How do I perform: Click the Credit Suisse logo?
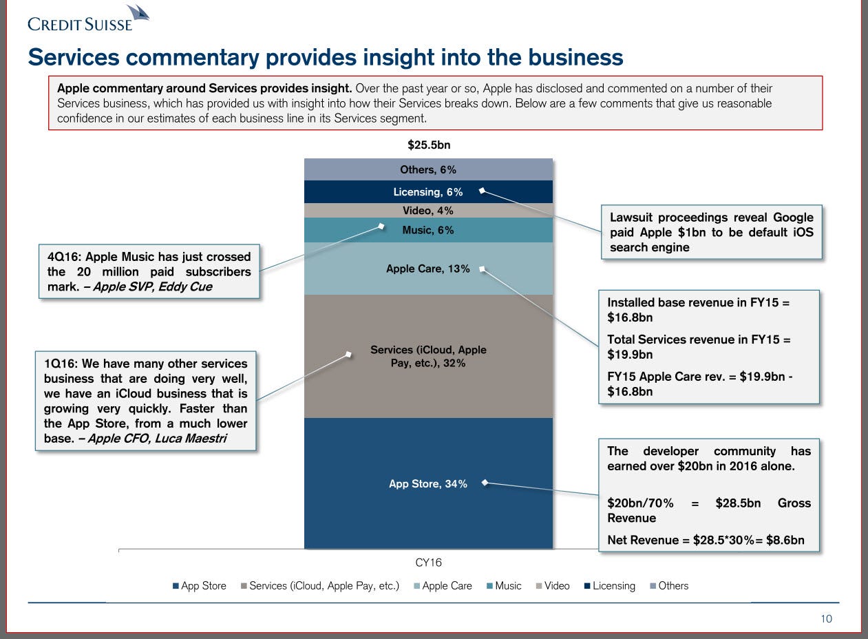88,19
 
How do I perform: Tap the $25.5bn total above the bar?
428,145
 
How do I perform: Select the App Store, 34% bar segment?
428,510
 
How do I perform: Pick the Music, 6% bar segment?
428,230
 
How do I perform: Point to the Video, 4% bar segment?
428,211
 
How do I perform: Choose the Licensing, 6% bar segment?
428,192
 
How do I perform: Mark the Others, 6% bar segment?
428,169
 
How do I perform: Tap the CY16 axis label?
428,563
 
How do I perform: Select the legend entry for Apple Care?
446,586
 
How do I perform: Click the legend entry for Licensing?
613,586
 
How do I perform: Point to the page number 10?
826,619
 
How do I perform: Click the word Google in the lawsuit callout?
789,218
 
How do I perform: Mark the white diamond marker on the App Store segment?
485,483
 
